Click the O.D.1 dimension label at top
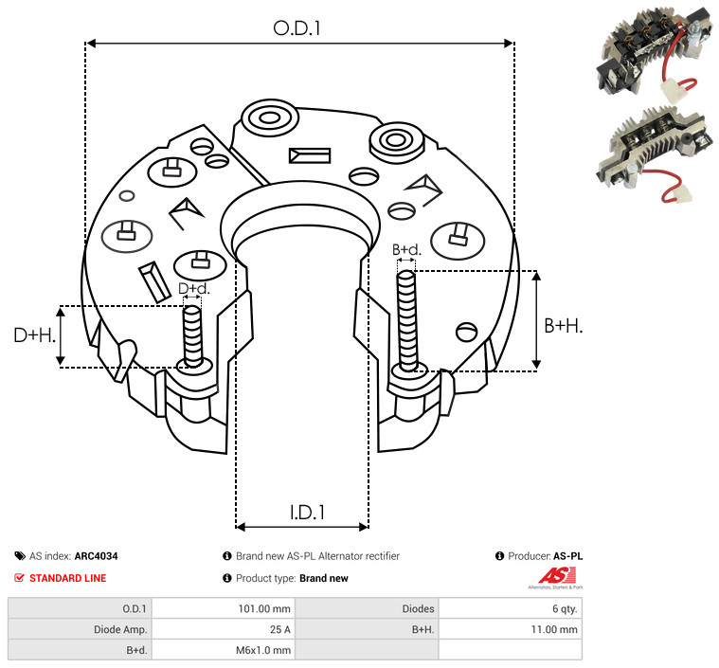(x=297, y=28)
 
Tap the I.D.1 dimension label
(x=307, y=513)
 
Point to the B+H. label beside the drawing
(x=563, y=325)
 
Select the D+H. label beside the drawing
(x=34, y=334)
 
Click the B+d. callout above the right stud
(x=406, y=250)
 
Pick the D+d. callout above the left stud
(x=192, y=288)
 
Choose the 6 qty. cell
(x=561, y=608)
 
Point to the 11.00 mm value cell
(x=553, y=629)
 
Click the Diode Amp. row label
(x=121, y=629)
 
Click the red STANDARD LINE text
(x=67, y=578)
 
